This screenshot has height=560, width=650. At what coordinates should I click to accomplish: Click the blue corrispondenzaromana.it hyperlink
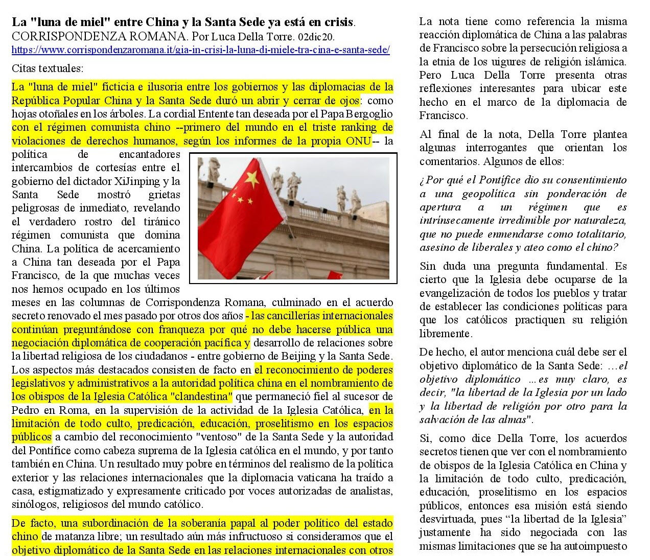click(x=200, y=50)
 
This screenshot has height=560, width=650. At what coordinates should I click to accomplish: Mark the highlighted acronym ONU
click(x=360, y=141)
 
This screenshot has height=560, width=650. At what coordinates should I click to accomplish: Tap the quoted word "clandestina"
click(x=202, y=396)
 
